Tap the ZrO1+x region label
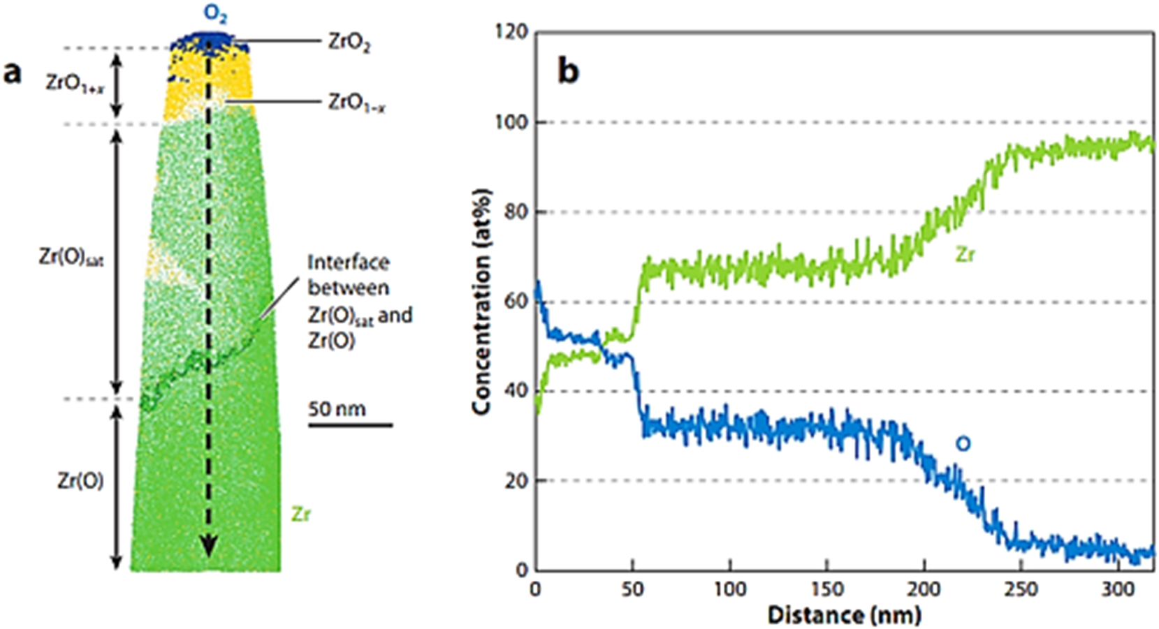point(75,83)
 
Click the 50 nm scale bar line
point(350,424)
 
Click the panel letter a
point(12,72)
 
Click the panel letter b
point(568,71)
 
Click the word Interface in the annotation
point(348,262)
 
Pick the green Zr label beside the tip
point(300,515)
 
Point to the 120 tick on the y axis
point(511,32)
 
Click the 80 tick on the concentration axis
point(516,212)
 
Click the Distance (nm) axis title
point(844,615)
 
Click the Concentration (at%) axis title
point(481,302)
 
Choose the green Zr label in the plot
point(965,255)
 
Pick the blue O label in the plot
point(963,444)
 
